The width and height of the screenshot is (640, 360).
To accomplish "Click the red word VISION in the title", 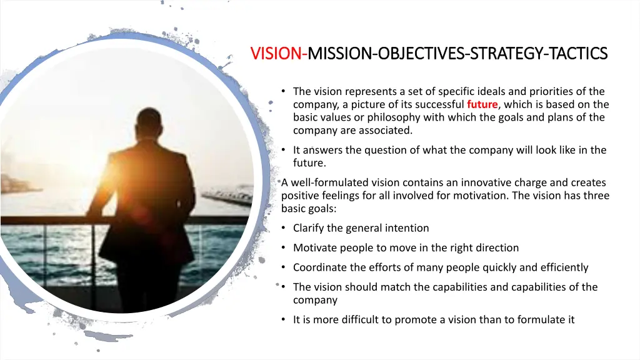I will click(x=276, y=54).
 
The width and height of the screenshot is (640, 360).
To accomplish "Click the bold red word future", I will click(x=482, y=104).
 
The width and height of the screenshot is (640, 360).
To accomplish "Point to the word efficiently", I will click(x=564, y=267).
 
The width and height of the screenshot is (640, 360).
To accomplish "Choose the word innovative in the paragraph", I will click(x=489, y=182).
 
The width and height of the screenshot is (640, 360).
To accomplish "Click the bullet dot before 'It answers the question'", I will click(x=284, y=150).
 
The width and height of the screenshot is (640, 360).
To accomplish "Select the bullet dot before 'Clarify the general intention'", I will click(x=284, y=228).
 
